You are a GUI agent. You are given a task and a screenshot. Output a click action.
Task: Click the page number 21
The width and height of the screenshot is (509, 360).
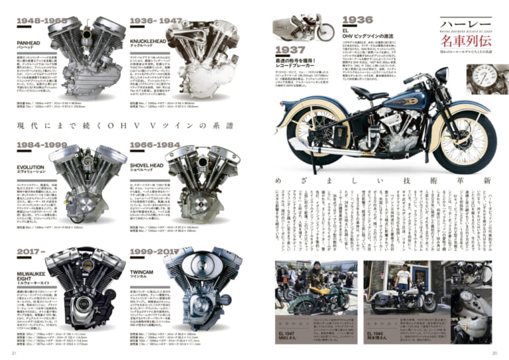pos(15,351)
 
